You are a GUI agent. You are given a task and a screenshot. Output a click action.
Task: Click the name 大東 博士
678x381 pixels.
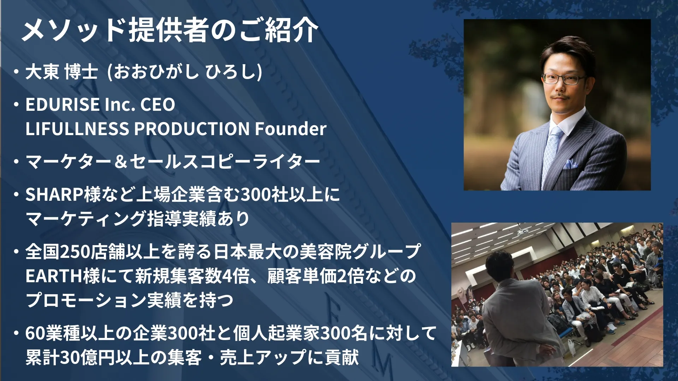(x=62, y=72)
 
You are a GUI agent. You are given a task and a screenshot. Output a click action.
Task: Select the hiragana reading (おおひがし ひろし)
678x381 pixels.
(x=184, y=72)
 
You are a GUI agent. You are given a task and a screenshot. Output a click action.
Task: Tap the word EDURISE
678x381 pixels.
(x=63, y=104)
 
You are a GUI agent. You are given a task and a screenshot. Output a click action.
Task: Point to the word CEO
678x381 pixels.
(x=158, y=104)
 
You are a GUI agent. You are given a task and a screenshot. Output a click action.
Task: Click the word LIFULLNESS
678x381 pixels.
(x=77, y=129)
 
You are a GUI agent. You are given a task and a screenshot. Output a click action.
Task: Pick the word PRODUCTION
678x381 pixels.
(x=192, y=129)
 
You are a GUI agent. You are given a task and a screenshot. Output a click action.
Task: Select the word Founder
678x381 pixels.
(x=291, y=129)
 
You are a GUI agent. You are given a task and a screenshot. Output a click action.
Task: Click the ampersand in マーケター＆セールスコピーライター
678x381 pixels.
(x=121, y=162)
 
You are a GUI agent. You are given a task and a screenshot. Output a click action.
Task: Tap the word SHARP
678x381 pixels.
(x=54, y=194)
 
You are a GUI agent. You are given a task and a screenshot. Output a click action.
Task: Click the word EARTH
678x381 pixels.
(x=54, y=276)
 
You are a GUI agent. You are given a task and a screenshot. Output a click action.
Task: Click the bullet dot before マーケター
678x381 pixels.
(x=16, y=162)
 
